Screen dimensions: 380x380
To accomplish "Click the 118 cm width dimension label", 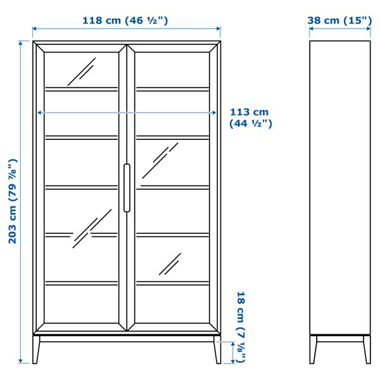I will click(125, 20).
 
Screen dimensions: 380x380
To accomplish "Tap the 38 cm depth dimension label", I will click(339, 20).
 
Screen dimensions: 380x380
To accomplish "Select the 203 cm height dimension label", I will click(12, 201).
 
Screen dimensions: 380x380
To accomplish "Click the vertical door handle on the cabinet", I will click(127, 187).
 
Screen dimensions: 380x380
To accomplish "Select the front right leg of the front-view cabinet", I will click(217, 350).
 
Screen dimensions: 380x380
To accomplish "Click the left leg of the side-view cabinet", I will click(313, 349).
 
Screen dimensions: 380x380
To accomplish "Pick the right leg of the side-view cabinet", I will click(366, 349).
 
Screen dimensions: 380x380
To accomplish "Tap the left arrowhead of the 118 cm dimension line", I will click(35, 28).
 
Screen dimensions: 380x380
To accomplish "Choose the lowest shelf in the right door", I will click(172, 282).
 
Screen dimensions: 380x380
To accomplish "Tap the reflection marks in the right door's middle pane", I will click(160, 160).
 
